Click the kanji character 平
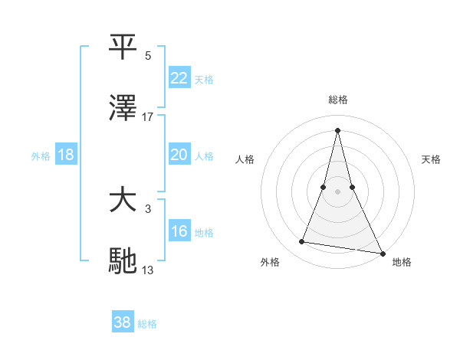coord(123,47)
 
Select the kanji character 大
coord(123,200)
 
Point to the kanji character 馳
coord(123,261)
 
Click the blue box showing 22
coord(179,78)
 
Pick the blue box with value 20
coord(179,155)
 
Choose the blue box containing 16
coord(179,231)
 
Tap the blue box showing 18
coord(66,155)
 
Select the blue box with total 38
coord(122,322)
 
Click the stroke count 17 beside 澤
coord(148,117)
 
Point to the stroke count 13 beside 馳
coord(148,270)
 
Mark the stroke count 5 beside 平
coord(148,56)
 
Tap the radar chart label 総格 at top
coord(338,100)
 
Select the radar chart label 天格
coord(432,159)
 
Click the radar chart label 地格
coord(402,262)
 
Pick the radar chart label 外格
coord(270,262)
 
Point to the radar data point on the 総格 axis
coord(338,129)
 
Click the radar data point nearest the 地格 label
coord(382,253)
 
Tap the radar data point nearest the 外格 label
coord(302,242)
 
